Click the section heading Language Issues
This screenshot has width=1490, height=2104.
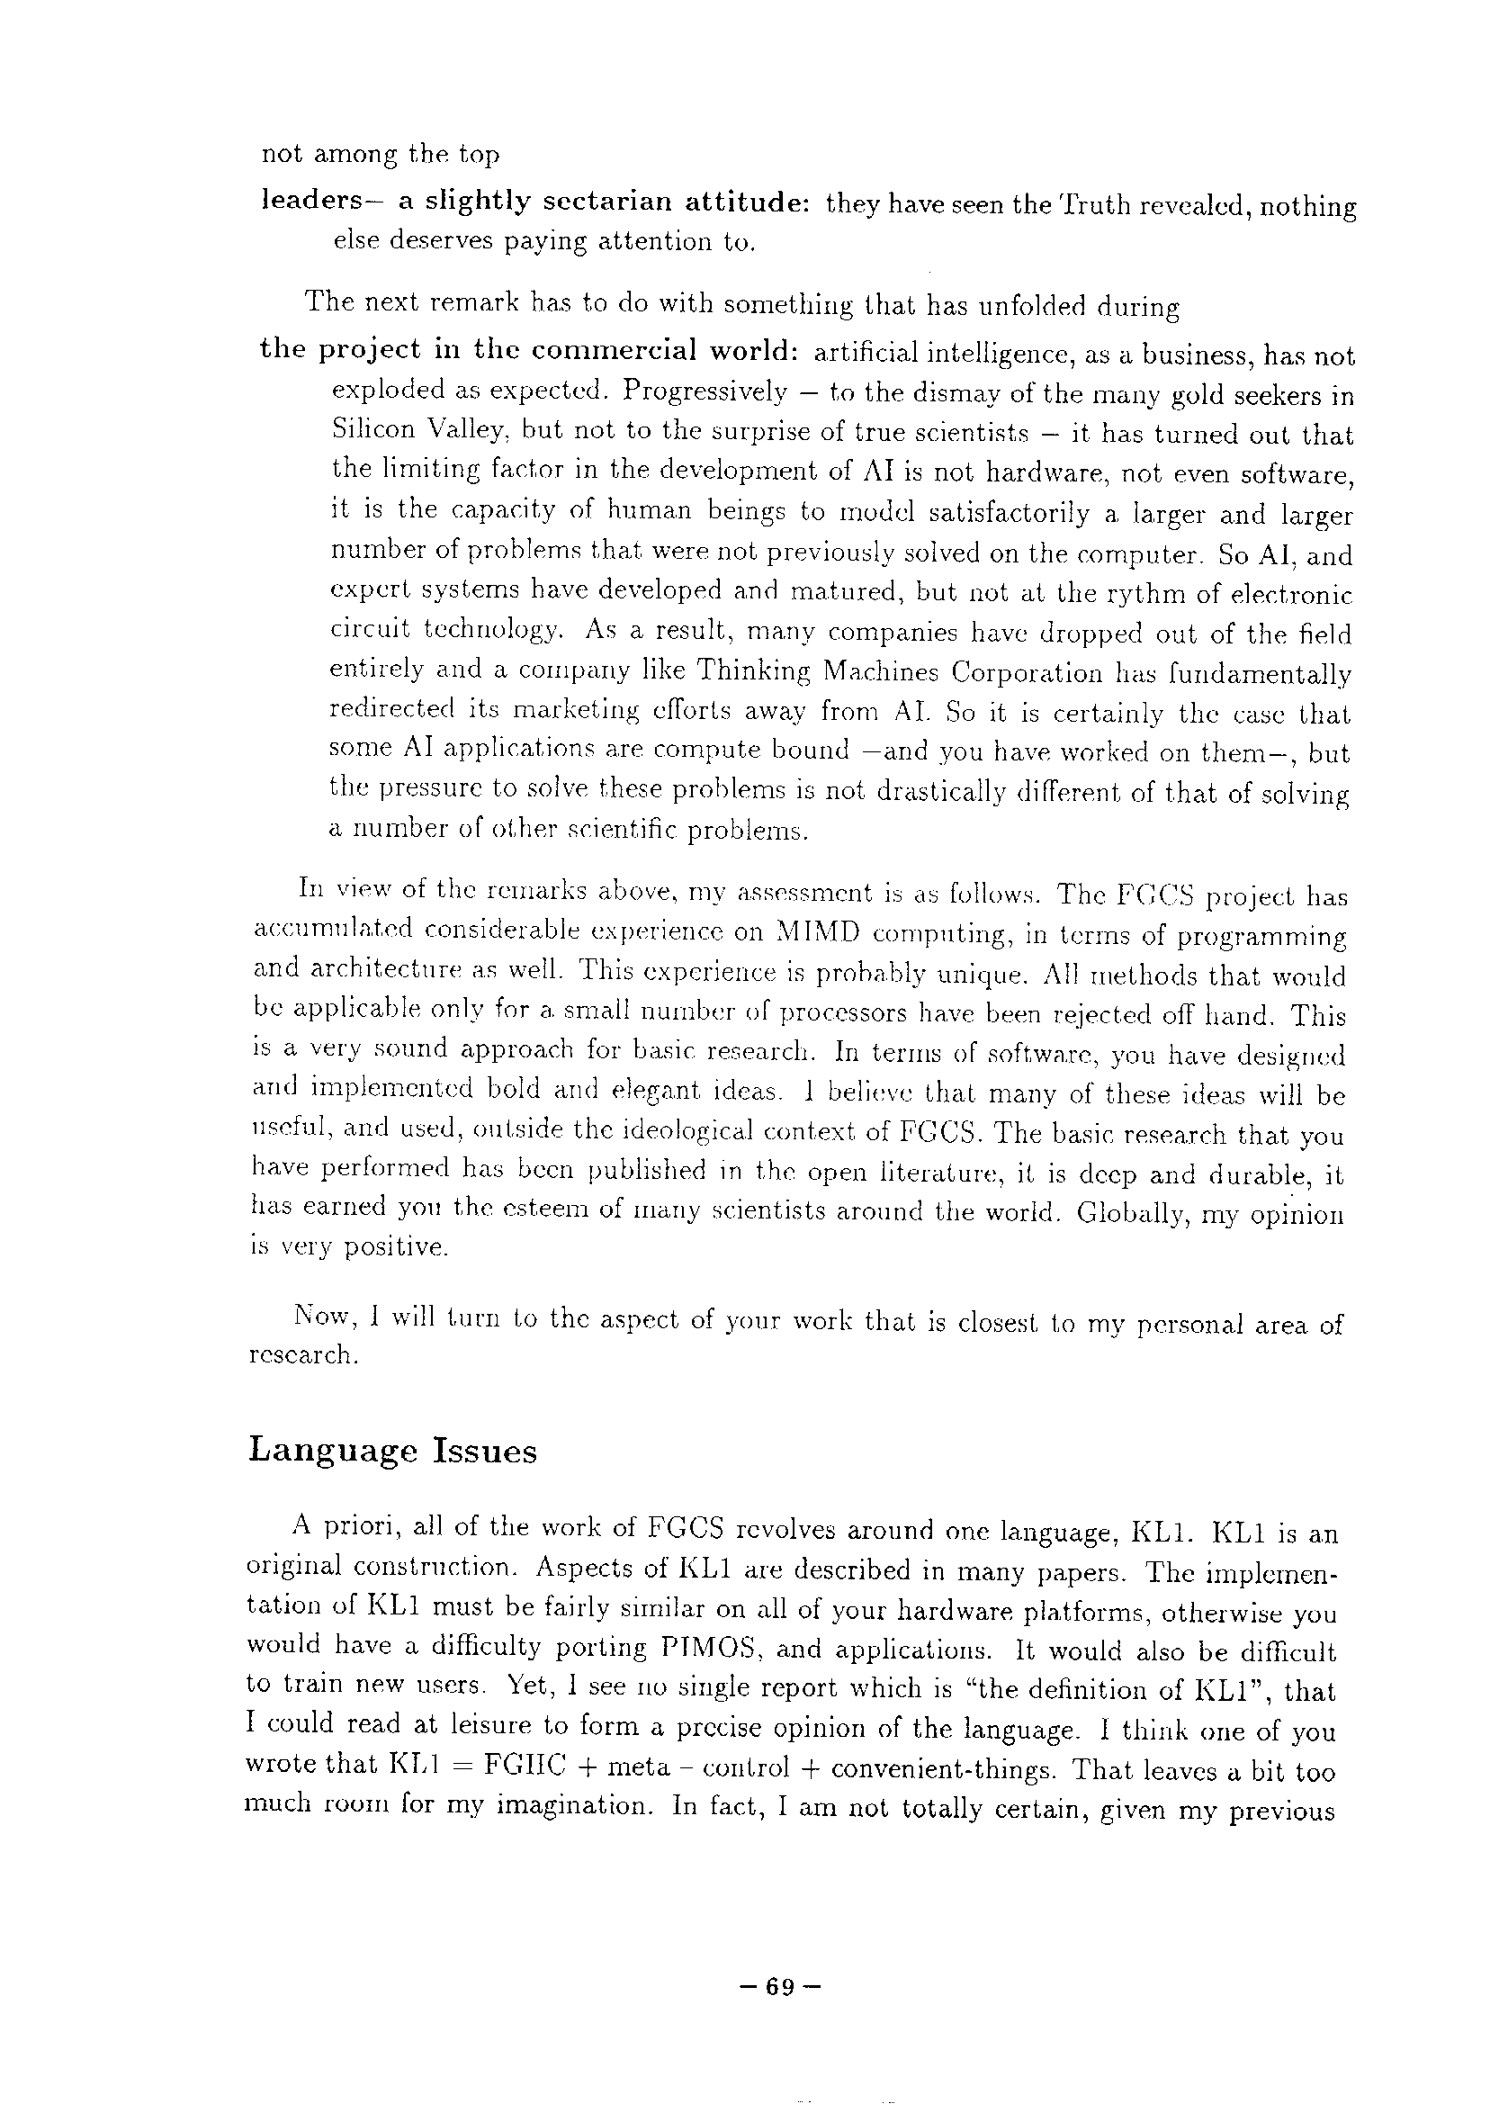(392, 1451)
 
